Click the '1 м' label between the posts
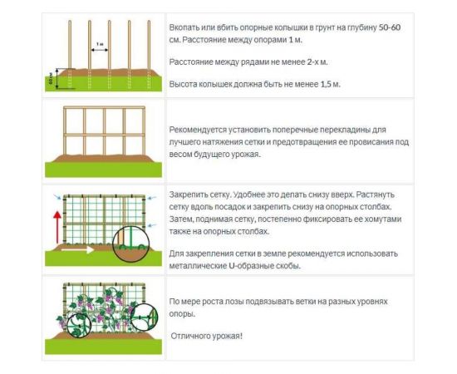(x=100, y=42)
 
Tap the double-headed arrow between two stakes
(x=100, y=49)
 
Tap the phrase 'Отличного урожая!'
(x=207, y=335)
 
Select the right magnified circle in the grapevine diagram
(x=148, y=317)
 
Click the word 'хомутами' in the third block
(x=382, y=219)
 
